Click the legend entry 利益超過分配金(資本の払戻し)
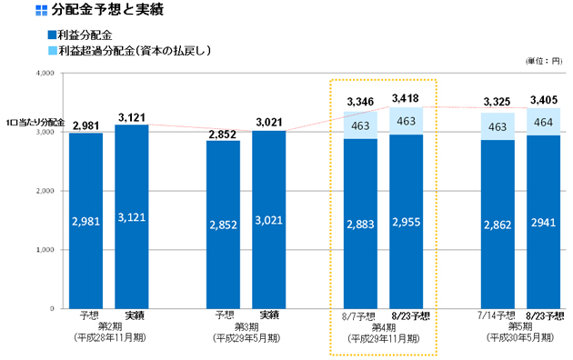[133, 50]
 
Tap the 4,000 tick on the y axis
[43, 73]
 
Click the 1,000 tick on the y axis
[43, 250]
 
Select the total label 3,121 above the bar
[132, 117]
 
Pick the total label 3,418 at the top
[407, 98]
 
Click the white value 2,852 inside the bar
[223, 222]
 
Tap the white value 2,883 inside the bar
[361, 222]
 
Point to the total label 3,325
[498, 102]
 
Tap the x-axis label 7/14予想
[498, 315]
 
